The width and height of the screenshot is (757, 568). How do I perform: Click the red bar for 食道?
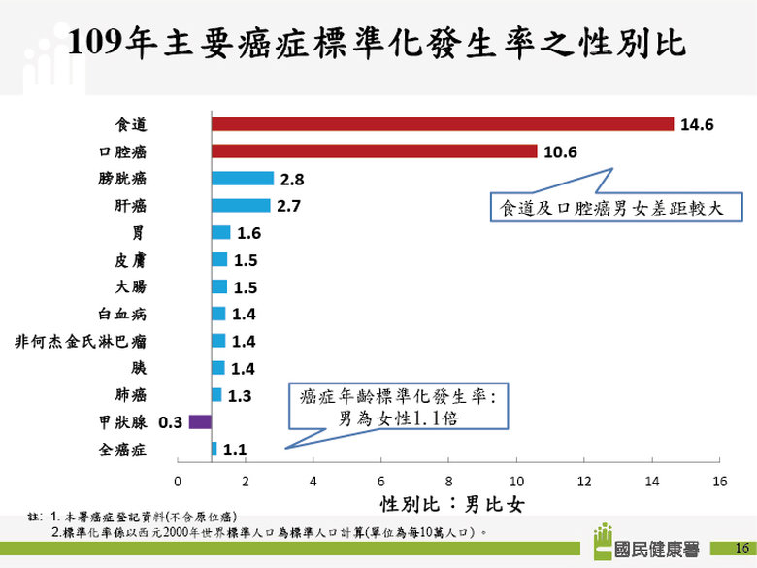pyautogui.click(x=443, y=124)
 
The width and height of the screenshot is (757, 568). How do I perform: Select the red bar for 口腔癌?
pyautogui.click(x=374, y=151)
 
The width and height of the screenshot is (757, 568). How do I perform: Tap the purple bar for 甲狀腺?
pyautogui.click(x=200, y=421)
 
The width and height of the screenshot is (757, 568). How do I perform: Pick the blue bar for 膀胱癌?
pyautogui.click(x=243, y=179)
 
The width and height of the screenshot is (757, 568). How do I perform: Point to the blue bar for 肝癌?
pyautogui.click(x=241, y=206)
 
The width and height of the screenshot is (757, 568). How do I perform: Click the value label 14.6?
pyautogui.click(x=697, y=125)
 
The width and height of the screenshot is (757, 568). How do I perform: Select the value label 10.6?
pyautogui.click(x=560, y=152)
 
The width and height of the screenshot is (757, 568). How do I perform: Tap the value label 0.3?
pyautogui.click(x=171, y=422)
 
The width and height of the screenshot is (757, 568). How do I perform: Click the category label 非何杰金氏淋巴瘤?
pyautogui.click(x=82, y=341)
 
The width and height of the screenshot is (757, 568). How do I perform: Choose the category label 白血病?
pyautogui.click(x=122, y=314)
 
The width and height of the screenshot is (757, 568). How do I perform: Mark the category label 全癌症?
pyautogui.click(x=122, y=450)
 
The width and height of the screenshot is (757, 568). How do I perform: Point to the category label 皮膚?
pyautogui.click(x=130, y=260)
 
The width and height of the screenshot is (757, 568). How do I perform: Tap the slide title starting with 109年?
pyautogui.click(x=378, y=43)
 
